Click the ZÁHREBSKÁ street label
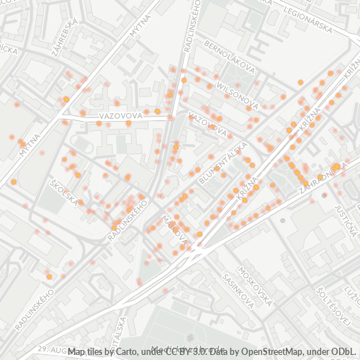tap(63, 33)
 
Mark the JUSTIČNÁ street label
tap(346, 220)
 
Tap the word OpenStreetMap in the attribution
tap(276, 351)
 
